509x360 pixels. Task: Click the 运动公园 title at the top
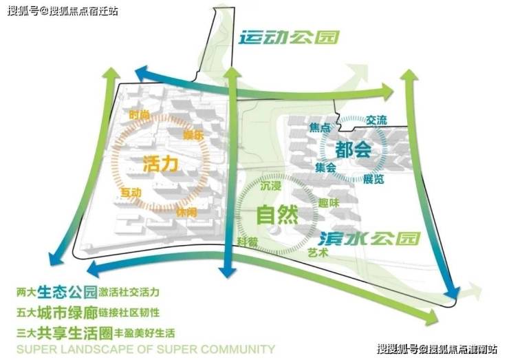pyautogui.click(x=289, y=37)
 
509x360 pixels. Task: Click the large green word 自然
pyautogui.click(x=277, y=215)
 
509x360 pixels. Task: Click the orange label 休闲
pyautogui.click(x=186, y=211)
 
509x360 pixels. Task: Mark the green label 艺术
pyautogui.click(x=318, y=253)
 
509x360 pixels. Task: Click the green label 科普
pyautogui.click(x=248, y=242)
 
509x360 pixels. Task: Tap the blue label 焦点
pyautogui.click(x=321, y=129)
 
